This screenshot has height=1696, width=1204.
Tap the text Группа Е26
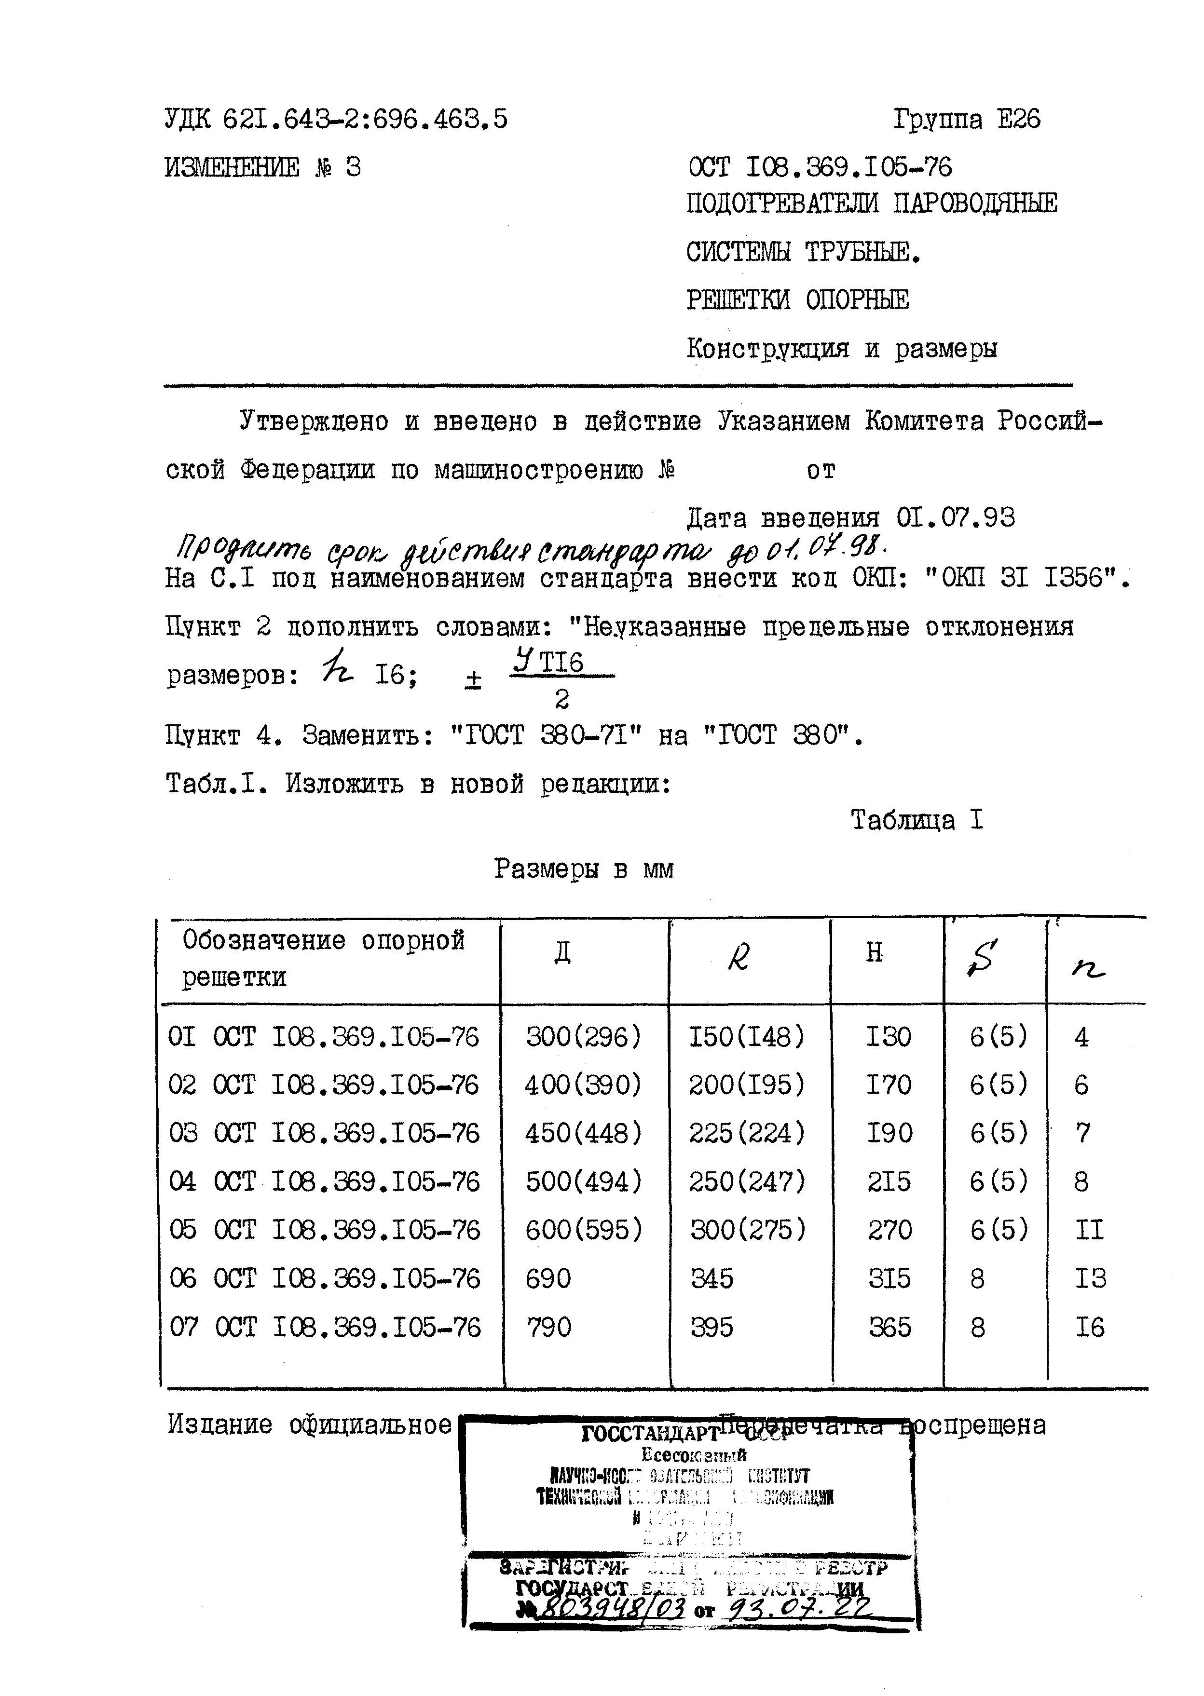tap(966, 119)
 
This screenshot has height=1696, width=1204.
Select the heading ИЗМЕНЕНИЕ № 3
tap(262, 167)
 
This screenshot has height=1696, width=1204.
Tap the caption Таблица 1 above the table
tap(917, 820)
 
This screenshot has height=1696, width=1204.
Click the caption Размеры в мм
tap(584, 868)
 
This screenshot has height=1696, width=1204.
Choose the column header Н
tap(875, 952)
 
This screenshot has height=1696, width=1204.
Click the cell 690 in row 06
tap(548, 1278)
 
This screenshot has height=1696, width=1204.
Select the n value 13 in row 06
tap(1090, 1278)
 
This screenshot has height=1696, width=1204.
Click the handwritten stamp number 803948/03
tap(608, 1609)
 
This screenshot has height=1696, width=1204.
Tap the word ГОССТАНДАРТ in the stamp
tap(650, 1434)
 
